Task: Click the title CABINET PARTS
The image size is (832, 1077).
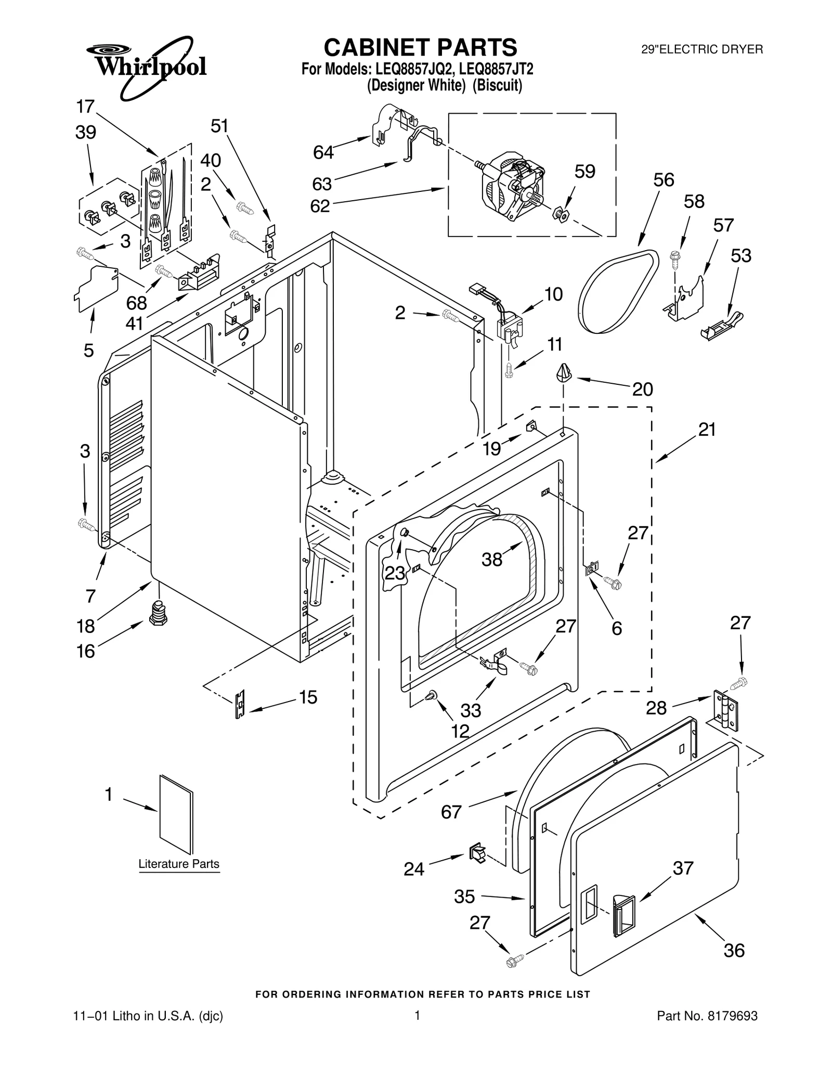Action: (x=420, y=47)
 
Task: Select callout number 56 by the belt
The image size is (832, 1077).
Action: (x=664, y=180)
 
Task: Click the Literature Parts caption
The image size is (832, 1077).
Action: (x=178, y=864)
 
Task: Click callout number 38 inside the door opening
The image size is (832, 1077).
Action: (x=492, y=560)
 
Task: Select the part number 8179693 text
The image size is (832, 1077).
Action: (x=707, y=1016)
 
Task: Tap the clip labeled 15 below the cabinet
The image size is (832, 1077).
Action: (x=240, y=705)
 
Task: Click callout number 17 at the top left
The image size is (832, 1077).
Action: (x=85, y=107)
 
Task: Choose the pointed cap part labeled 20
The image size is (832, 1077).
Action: (x=564, y=373)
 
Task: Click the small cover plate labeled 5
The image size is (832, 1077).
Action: (x=96, y=288)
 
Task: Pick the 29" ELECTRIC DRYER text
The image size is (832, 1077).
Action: (x=701, y=50)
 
